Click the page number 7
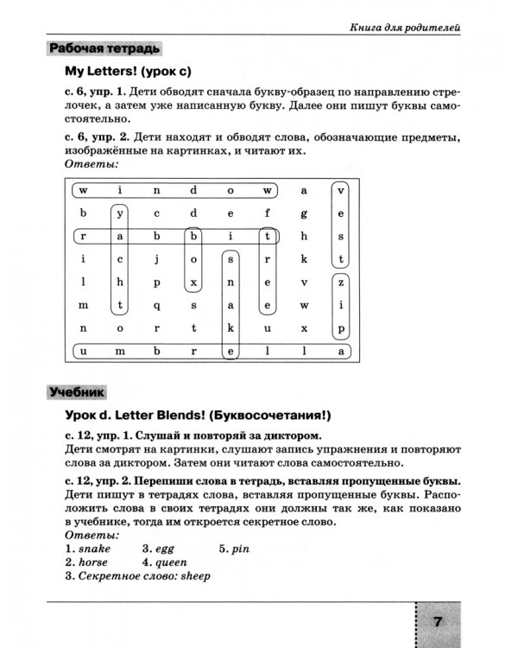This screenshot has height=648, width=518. tap(437, 621)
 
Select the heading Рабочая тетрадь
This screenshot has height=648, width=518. tap(105, 48)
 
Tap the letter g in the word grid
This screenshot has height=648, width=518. tap(305, 213)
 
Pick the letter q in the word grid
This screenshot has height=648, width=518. tap(157, 305)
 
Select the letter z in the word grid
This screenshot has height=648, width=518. tap(341, 282)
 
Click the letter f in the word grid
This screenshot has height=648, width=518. tap(268, 213)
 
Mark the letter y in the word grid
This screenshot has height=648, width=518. tap(121, 213)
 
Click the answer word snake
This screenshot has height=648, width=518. tap(94, 548)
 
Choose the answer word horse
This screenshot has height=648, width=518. tap(94, 562)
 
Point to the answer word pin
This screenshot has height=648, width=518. tap(241, 548)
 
